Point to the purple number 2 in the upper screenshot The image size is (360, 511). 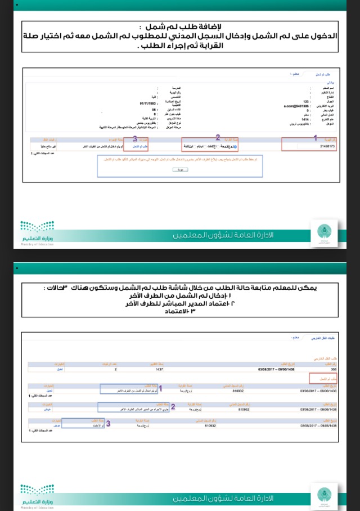point(218,137)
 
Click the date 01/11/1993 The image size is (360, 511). point(147,104)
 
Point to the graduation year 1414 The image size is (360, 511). point(304,120)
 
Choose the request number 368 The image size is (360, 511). point(332,370)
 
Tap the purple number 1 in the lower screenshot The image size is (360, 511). point(161,388)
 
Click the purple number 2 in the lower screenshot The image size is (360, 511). point(173,406)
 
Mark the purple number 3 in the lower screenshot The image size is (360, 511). point(107,424)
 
